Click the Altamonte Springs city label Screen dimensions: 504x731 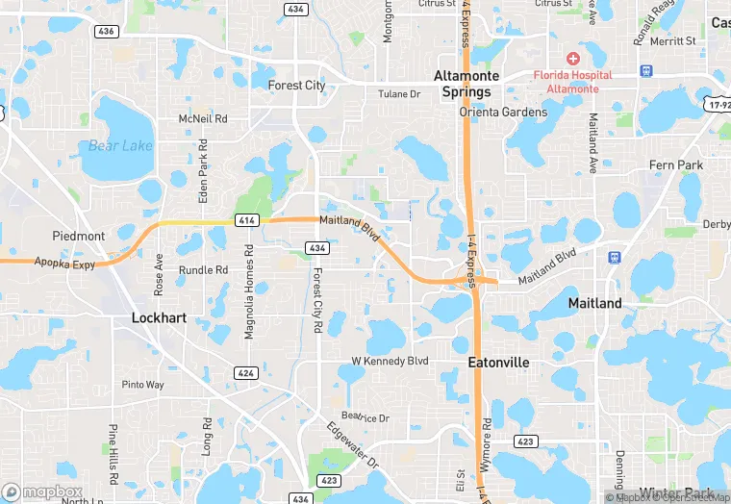tap(463, 84)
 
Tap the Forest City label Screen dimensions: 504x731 tap(296, 86)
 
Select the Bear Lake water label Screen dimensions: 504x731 tap(120, 146)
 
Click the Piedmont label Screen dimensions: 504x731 tap(79, 236)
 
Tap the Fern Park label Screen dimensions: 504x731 tap(675, 165)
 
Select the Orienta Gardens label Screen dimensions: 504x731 tap(503, 112)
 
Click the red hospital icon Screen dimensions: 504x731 tap(573, 59)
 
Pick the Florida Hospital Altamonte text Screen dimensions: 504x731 tap(573, 81)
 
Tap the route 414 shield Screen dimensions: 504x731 tap(246, 221)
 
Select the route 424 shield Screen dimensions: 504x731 tap(246, 373)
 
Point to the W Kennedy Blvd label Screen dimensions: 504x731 tap(389, 362)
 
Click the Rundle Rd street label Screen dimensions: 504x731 tap(203, 270)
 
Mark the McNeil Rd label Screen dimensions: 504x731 tap(203, 118)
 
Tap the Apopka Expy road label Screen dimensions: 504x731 tap(65, 261)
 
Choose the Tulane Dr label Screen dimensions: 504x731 tap(399, 94)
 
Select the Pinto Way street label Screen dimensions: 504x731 tap(142, 385)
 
